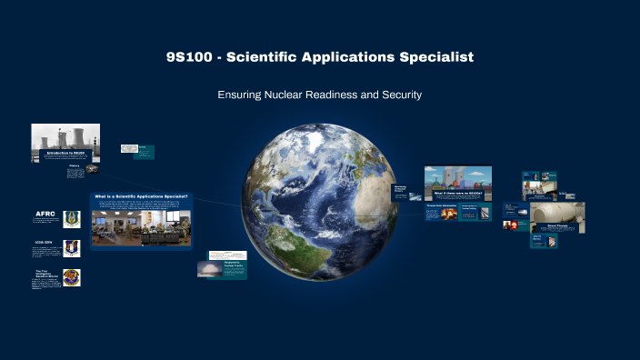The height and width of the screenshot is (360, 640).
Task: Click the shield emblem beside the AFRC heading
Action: coord(73,219)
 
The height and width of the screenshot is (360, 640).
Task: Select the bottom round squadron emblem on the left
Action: coord(72,278)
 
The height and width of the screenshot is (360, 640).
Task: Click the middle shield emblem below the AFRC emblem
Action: coord(73,247)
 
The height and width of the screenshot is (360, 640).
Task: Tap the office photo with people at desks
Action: coord(141,228)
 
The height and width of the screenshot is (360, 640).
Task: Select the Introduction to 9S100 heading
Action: coord(69,153)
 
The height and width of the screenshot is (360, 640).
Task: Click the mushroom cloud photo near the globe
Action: coord(209,269)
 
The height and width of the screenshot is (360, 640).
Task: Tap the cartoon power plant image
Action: coord(457,176)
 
